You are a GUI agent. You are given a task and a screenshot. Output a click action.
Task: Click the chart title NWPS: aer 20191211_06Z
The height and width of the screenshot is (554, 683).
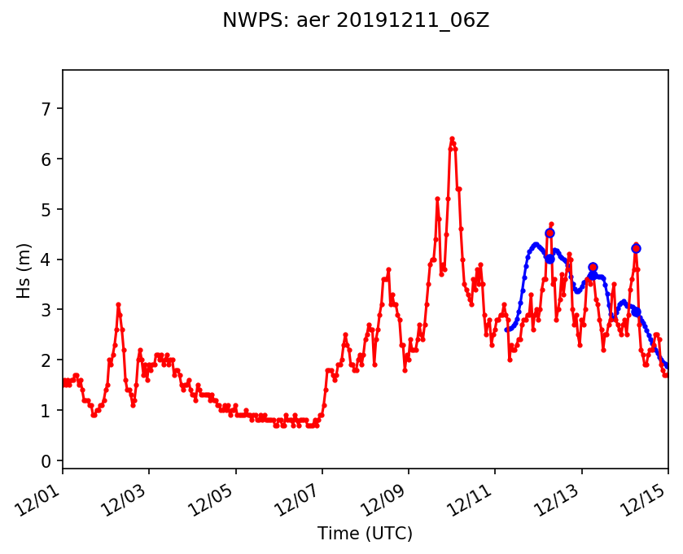pos(356,21)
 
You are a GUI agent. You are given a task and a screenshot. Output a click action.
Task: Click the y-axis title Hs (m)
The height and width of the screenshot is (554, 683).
pos(24,270)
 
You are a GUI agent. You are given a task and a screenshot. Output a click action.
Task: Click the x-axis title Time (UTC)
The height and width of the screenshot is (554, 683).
pos(365,534)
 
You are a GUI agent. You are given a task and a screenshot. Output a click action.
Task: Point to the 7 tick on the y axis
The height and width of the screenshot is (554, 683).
pos(46,109)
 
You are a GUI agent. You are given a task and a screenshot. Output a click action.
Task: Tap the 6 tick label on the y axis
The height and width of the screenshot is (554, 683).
pos(46,159)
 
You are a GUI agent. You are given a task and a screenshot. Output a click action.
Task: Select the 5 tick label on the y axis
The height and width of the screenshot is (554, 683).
pos(46,210)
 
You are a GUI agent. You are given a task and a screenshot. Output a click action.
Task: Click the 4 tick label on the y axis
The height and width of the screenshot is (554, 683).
pos(46,260)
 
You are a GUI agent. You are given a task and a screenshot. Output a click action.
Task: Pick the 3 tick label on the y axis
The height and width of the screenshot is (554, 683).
pos(46,311)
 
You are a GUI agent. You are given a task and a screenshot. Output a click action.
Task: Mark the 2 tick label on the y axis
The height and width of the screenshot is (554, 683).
pos(46,360)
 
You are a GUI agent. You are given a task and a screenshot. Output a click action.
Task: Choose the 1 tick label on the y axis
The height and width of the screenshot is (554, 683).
pos(46,411)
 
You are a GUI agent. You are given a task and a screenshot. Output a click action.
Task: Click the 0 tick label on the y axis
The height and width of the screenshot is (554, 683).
pos(46,461)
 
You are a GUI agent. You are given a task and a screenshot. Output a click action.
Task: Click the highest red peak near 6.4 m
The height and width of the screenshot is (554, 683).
pos(452,139)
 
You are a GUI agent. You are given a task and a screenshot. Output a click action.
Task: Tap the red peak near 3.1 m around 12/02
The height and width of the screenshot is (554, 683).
pos(118,304)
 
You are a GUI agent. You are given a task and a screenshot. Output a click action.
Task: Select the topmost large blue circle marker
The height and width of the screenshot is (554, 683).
pos(549,233)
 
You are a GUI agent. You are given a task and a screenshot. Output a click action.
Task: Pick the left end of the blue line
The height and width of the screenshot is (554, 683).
pos(506,329)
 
